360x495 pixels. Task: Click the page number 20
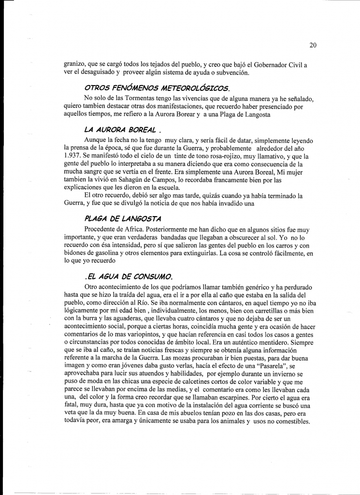(x=313, y=45)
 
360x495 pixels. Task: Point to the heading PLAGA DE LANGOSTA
(x=123, y=218)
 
